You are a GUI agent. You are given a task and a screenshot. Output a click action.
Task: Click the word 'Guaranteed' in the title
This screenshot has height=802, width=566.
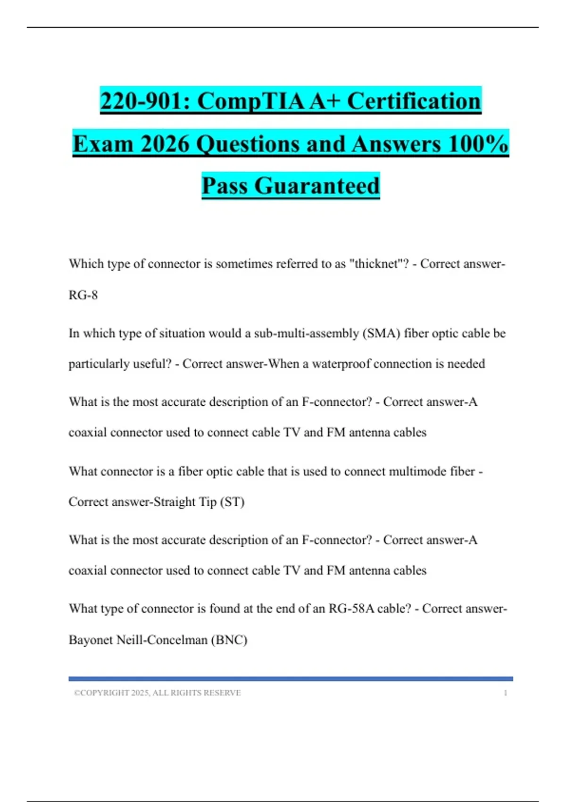coord(317,185)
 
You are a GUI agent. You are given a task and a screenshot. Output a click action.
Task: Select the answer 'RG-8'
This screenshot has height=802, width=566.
coord(83,295)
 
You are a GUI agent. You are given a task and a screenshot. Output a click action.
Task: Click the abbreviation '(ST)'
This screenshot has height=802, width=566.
coord(232,502)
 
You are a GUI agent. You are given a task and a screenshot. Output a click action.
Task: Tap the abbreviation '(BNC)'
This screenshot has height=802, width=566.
coord(229,640)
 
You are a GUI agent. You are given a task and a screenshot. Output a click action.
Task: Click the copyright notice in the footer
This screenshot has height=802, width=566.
coord(157,693)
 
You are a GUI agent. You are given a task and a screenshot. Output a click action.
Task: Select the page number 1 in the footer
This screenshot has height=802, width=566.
coord(505,693)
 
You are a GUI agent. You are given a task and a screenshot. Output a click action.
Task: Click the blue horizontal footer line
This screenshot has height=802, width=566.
coord(291,679)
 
